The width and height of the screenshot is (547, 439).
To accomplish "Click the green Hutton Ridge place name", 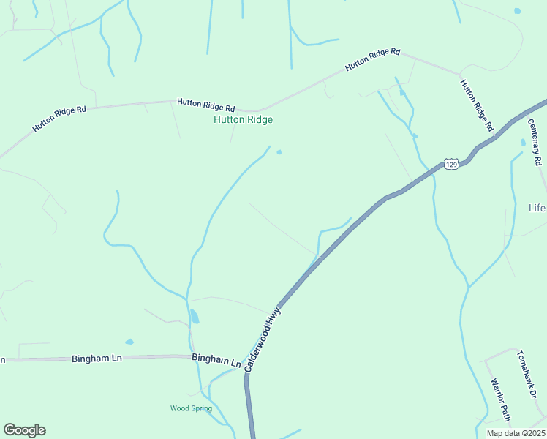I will pyautogui.click(x=243, y=119).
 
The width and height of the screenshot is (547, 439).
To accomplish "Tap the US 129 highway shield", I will pyautogui.click(x=451, y=165).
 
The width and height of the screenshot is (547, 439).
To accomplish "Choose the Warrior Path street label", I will pyautogui.click(x=499, y=399).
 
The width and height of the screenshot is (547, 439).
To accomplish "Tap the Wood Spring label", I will pyautogui.click(x=191, y=408).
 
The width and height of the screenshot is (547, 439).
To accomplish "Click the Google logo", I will pyautogui.click(x=24, y=430).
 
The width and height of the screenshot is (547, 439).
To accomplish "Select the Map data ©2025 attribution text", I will pyautogui.click(x=515, y=433).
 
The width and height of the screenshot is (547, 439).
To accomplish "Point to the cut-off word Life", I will pyautogui.click(x=537, y=209).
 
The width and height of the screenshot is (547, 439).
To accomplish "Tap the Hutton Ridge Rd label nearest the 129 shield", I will pyautogui.click(x=477, y=105).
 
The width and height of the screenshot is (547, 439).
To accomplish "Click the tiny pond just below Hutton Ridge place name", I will pyautogui.click(x=279, y=152).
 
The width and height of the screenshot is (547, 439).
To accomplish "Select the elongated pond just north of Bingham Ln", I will pyautogui.click(x=194, y=316).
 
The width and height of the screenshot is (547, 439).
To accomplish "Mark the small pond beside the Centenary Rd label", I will pyautogui.click(x=523, y=142).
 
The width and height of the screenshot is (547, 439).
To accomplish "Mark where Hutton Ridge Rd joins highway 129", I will pyautogui.click(x=495, y=135).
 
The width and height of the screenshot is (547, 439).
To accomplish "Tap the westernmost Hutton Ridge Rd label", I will pyautogui.click(x=59, y=119).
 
